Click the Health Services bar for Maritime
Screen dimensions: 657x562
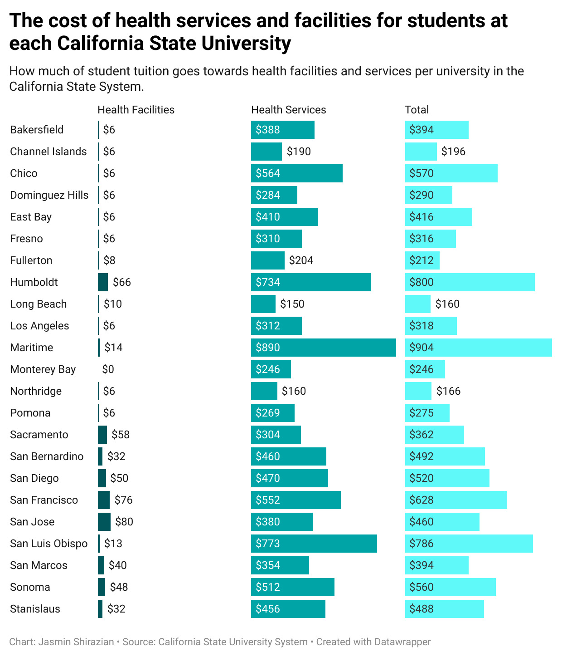[323, 348]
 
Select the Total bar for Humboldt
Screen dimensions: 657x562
[470, 282]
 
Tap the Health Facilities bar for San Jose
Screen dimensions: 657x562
[104, 522]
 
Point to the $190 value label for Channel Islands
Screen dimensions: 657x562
[299, 152]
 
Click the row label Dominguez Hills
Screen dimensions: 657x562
[49, 195]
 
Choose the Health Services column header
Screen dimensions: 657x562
[288, 110]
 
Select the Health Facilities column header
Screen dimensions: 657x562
[136, 110]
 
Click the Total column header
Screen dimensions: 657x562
[417, 110]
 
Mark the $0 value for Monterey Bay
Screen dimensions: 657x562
[108, 369]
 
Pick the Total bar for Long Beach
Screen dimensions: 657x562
[417, 304]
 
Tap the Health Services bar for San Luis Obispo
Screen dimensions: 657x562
[314, 544]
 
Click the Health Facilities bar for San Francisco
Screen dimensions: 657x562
[104, 500]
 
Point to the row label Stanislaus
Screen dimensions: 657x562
[35, 609]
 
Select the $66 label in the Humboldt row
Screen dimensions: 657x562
[122, 282]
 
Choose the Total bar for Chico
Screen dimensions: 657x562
[451, 173]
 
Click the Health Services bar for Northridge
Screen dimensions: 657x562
[264, 391]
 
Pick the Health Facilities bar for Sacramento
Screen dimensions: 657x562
[102, 435]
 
